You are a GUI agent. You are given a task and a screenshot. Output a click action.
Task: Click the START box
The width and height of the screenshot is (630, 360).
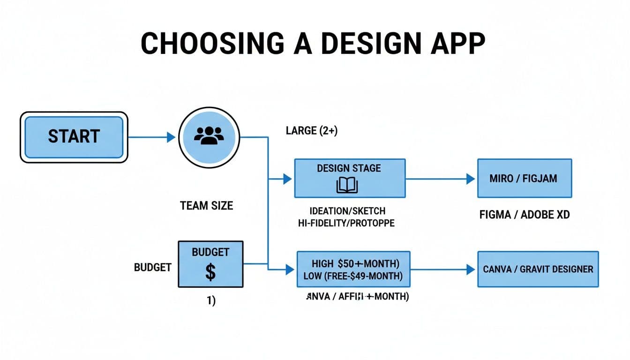click(74, 137)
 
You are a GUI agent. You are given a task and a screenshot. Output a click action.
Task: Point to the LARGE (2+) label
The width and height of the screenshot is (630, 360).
click(311, 131)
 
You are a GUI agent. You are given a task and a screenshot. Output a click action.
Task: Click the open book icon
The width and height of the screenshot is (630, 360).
click(347, 186)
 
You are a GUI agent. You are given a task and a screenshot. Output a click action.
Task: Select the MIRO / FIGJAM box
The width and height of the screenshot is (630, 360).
click(524, 178)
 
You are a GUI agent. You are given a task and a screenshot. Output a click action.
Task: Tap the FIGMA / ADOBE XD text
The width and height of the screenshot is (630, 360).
click(525, 215)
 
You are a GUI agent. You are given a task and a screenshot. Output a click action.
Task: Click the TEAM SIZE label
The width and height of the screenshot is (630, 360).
click(206, 205)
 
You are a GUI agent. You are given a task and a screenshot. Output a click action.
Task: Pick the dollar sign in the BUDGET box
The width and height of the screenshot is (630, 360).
click(210, 272)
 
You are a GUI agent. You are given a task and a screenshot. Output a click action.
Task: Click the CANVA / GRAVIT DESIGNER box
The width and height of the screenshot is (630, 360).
click(538, 269)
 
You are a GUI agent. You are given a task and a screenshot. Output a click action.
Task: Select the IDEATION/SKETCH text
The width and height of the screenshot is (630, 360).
click(347, 211)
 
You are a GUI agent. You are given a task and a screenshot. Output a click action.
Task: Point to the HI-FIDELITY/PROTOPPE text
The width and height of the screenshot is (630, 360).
click(346, 223)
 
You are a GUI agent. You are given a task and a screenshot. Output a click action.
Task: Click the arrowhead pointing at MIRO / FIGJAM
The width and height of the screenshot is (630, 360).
click(471, 179)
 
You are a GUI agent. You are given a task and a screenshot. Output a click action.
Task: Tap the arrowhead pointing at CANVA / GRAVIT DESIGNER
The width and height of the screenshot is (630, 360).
click(471, 269)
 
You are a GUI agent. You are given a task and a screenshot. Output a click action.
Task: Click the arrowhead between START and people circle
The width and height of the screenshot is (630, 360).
click(171, 137)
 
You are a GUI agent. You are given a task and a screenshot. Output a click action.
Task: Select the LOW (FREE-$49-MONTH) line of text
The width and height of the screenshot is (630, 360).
click(353, 276)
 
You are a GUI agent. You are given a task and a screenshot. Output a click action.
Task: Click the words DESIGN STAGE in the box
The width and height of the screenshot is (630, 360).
click(349, 168)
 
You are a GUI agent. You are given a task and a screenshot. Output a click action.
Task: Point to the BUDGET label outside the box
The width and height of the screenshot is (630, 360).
click(153, 267)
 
